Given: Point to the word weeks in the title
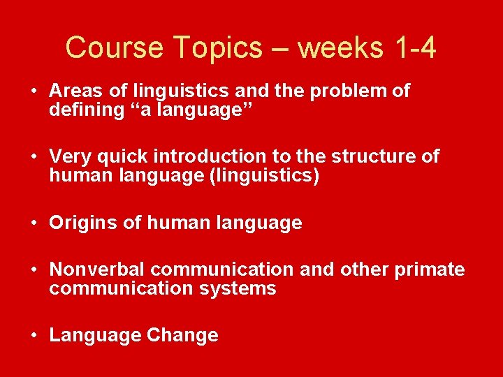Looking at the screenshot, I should [x=342, y=48].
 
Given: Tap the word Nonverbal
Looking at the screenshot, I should [x=97, y=269].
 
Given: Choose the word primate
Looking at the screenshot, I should [x=430, y=269].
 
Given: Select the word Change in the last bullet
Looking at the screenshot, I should [x=182, y=335].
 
